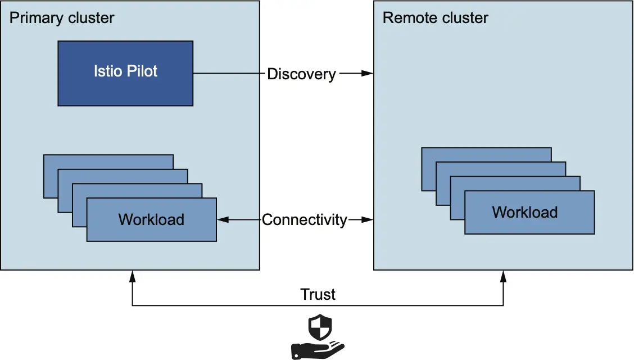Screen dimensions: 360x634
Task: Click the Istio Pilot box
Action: point(125,73)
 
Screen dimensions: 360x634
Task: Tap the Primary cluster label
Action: point(62,18)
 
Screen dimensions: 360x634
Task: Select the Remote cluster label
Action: point(435,18)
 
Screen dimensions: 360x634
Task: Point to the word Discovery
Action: point(301,74)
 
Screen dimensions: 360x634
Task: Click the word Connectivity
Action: point(304,219)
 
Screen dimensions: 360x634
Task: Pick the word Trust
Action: point(318,294)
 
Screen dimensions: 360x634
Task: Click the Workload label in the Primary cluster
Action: point(151,219)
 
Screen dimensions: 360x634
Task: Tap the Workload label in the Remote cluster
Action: point(524,212)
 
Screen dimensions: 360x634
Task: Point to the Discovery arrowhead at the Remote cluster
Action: point(368,74)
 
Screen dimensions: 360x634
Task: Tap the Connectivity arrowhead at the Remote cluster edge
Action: point(368,219)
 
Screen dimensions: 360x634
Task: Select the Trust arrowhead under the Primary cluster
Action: point(132,276)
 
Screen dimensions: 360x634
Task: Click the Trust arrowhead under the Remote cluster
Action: point(503,276)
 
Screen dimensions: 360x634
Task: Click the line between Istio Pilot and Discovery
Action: point(228,74)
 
